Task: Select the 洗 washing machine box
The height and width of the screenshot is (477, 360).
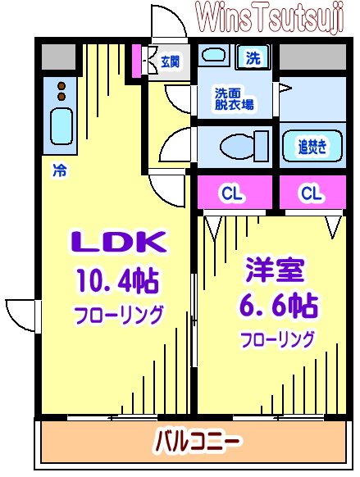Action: [253, 57]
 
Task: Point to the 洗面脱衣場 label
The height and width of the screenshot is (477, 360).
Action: [234, 98]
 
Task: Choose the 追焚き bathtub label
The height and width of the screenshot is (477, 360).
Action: [312, 147]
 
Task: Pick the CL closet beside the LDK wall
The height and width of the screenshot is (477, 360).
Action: [232, 193]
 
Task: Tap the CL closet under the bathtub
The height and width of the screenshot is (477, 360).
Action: [310, 193]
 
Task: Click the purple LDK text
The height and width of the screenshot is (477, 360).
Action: [118, 243]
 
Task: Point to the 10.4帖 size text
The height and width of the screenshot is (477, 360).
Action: [118, 281]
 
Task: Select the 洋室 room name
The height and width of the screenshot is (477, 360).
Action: [276, 270]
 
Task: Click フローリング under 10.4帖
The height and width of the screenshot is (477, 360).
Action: [118, 315]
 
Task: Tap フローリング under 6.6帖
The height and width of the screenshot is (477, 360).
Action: [277, 338]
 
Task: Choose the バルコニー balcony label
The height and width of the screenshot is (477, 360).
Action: [198, 443]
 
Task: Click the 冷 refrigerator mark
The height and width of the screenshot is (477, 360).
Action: [59, 171]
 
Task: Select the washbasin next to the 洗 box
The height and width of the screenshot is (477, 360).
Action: [215, 57]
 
